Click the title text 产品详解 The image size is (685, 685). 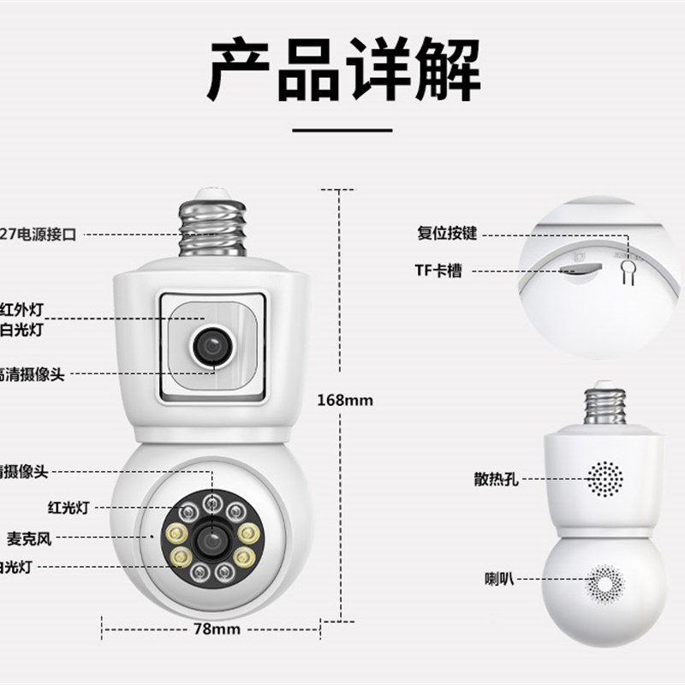coord(342,70)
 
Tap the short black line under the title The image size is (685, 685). coord(342,131)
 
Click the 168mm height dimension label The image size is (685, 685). coord(345,400)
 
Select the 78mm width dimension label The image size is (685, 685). coord(215,629)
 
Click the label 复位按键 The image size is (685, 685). coord(446,232)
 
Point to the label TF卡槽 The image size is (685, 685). coord(438,271)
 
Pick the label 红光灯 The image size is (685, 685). coord(68,508)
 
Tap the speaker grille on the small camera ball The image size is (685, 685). coord(606,583)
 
